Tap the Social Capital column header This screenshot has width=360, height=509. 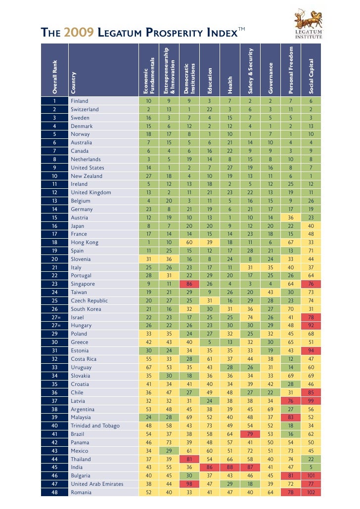tap(312, 78)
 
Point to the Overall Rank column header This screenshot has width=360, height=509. tap(55, 78)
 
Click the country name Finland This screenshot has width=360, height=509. tap(79, 101)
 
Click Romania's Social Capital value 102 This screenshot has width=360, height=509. tap(311, 492)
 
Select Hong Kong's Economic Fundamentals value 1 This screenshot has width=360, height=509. tap(148, 242)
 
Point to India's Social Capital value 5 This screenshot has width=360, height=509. tap(311, 467)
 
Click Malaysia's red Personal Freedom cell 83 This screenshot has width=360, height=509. tap(291, 417)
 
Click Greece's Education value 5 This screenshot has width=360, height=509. tap(210, 342)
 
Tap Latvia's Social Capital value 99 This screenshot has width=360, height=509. tap(311, 400)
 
